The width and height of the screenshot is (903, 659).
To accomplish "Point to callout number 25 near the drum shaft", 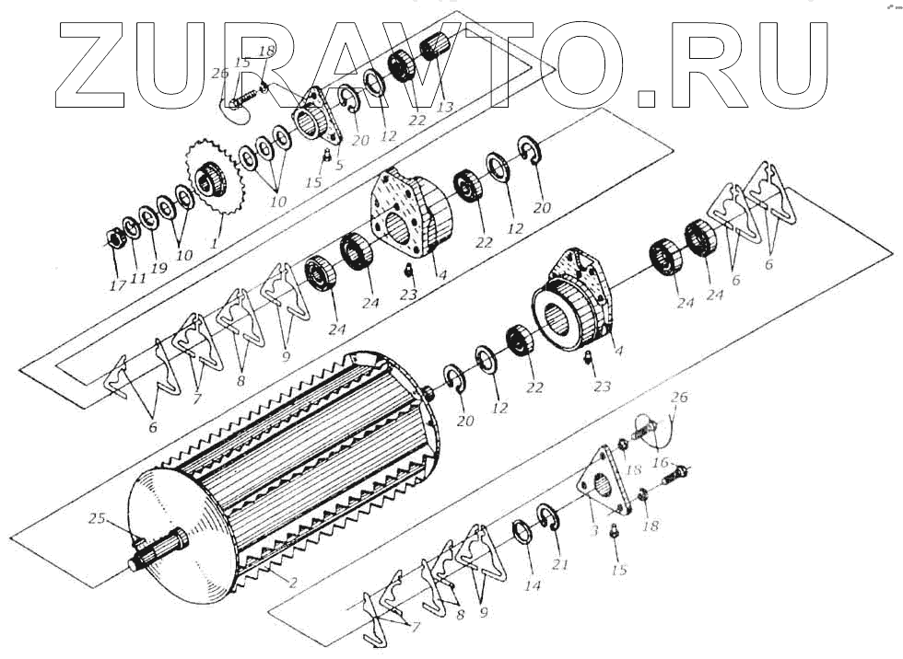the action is point(96,518).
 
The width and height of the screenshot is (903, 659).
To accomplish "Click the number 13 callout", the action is point(445,107).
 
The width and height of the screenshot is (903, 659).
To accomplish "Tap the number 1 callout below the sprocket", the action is point(215,245).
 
